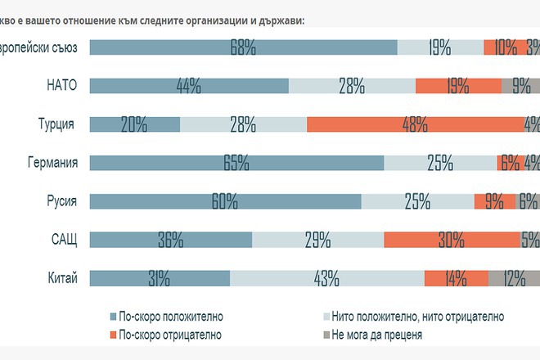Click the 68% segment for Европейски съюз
pos(243,47)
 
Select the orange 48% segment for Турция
pos(415,124)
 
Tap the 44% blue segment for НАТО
pos(188,86)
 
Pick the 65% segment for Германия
pos(236,163)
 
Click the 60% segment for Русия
pos(224,201)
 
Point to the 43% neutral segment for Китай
pos(326,278)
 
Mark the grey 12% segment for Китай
pos(514,278)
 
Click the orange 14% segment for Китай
pos(456,278)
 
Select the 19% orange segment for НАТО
pos(458,86)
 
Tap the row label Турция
pos(56,124)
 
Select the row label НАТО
pos(62,86)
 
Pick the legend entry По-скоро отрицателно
pos(169,335)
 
